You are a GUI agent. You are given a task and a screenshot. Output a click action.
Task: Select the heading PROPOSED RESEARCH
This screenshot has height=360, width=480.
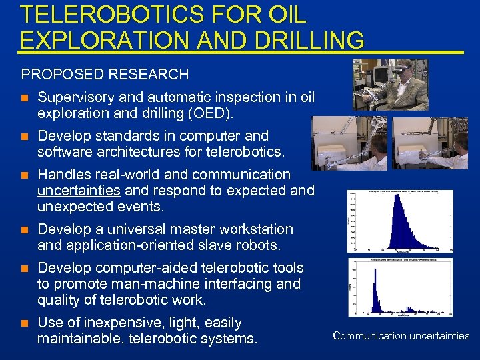105,74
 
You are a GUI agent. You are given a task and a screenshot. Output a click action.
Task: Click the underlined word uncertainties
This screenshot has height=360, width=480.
79,191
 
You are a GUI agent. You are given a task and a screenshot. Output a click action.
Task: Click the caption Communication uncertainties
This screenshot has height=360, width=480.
401,336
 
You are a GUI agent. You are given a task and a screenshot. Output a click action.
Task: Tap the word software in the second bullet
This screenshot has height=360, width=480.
67,152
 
